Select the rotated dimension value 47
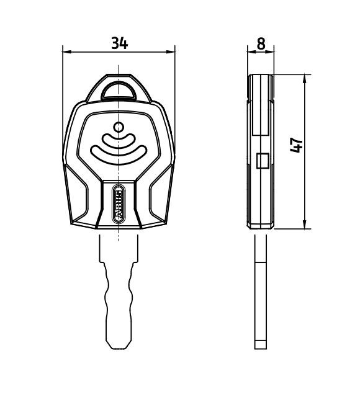coord(297,145)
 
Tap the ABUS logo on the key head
coord(119,204)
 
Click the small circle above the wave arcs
coord(119,128)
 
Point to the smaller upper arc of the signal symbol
coord(119,141)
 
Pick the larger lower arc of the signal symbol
coord(119,155)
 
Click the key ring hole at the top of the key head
coord(119,91)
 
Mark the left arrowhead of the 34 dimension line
coord(66,53)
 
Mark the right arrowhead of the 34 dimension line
coord(172,53)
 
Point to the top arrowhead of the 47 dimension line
coord(305,79)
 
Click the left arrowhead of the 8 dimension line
coord(251,53)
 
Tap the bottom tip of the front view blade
coord(119,346)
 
